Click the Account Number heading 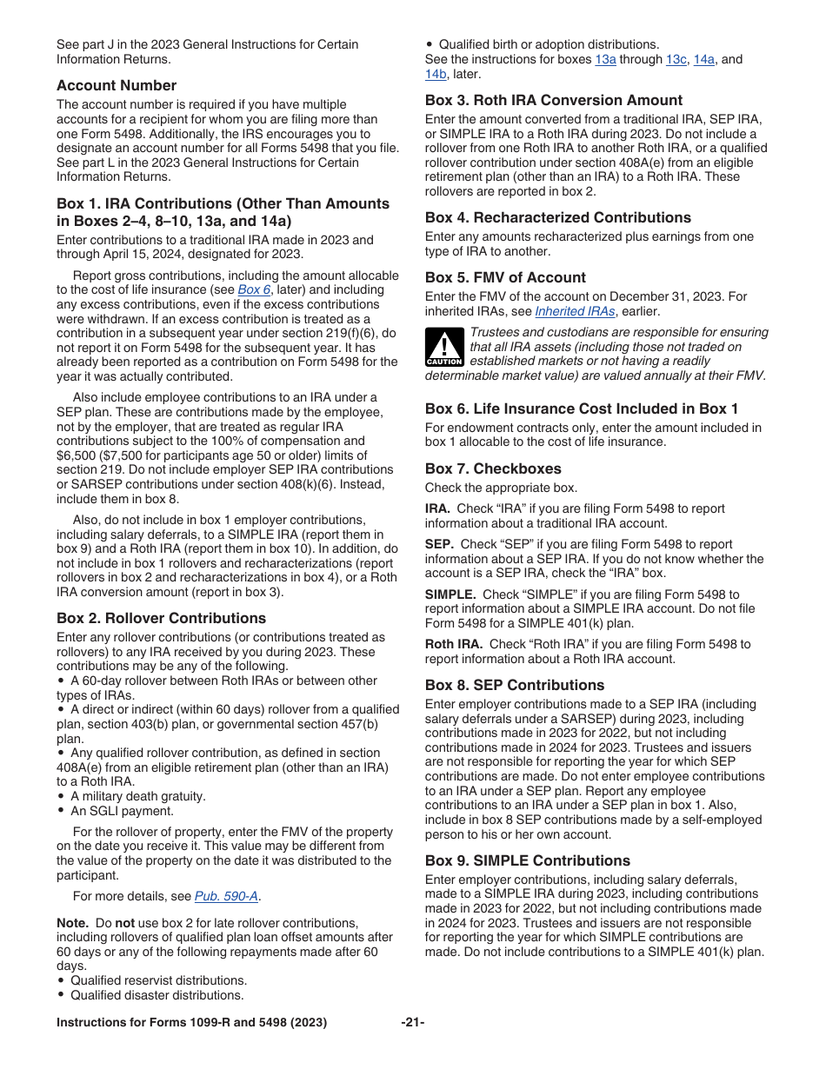click(x=117, y=85)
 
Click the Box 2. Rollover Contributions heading click(x=161, y=618)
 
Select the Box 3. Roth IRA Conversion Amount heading click(x=554, y=100)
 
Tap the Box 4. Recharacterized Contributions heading click(x=558, y=217)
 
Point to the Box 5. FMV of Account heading click(x=505, y=277)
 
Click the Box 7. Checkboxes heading click(x=493, y=468)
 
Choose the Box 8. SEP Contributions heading click(x=514, y=685)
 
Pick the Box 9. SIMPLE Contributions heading click(x=527, y=860)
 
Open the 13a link click(x=605, y=59)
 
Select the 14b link click(x=436, y=74)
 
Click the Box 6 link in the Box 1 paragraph click(x=254, y=289)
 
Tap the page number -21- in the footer click(x=412, y=1023)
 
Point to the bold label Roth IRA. click(x=453, y=644)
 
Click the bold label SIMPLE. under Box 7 click(x=450, y=594)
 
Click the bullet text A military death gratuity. click(x=137, y=796)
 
